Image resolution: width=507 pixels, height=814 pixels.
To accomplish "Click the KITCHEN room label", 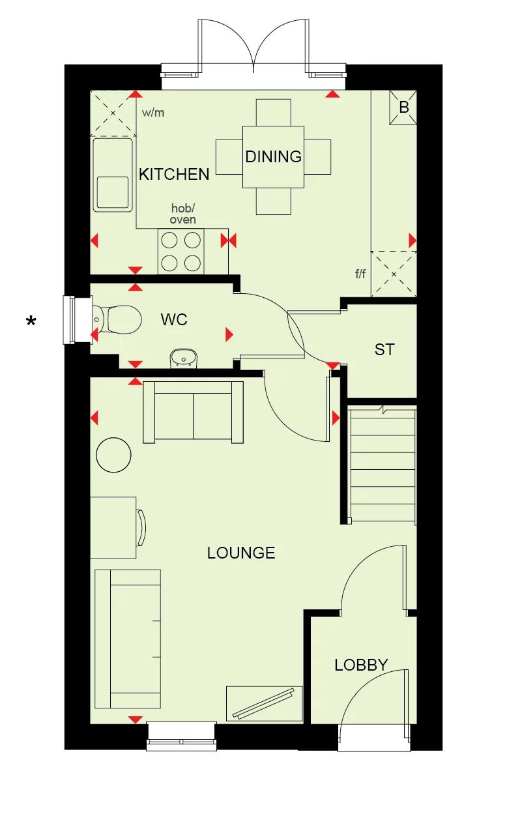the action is point(174,175).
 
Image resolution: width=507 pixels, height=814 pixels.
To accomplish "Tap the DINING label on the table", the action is point(273,156).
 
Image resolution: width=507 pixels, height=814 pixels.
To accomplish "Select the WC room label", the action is point(174,319).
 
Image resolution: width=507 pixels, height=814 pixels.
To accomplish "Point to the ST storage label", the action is point(384,349).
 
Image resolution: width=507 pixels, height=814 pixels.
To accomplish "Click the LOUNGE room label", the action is point(241,553).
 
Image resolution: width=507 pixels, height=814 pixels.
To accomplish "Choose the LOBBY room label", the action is point(361,665).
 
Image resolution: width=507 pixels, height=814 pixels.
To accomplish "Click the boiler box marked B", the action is point(403,107).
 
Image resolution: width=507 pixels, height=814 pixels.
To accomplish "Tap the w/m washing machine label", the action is point(153,113).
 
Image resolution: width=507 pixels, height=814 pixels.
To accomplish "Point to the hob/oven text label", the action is point(183,214).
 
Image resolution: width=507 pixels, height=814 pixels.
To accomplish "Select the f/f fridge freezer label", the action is point(360,274).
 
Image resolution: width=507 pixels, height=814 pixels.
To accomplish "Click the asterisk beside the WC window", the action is point(31,321).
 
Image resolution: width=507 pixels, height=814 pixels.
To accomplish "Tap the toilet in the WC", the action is point(116,319).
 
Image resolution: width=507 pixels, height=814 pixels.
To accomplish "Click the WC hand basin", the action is point(184,358).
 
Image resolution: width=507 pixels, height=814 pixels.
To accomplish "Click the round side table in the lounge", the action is point(113,455).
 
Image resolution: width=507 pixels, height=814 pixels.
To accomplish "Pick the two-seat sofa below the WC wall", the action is point(193,412).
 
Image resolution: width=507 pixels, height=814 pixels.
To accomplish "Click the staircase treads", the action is point(383,465).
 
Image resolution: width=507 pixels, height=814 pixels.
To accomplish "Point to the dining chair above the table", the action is point(273,113).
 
